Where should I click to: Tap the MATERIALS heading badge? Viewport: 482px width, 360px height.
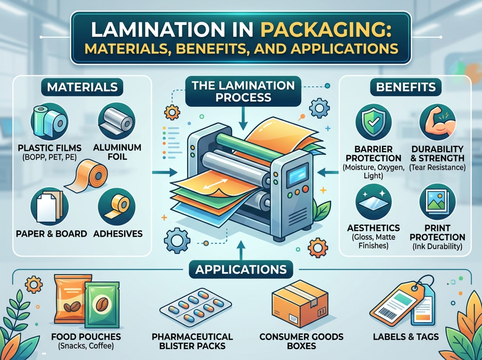click(x=82, y=87)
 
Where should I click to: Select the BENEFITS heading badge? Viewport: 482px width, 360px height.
click(x=406, y=87)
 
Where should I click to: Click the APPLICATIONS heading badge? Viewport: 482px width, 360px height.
click(x=241, y=270)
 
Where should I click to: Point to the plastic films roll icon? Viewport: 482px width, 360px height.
click(x=49, y=121)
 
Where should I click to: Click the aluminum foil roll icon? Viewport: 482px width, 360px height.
click(x=116, y=121)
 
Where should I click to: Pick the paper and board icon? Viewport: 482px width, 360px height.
click(x=49, y=207)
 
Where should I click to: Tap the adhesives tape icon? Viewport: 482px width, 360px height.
click(x=116, y=207)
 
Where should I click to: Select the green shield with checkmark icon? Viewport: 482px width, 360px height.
click(x=374, y=122)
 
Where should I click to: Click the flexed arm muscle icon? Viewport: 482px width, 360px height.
click(x=437, y=122)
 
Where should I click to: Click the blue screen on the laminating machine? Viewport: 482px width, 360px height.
click(x=298, y=175)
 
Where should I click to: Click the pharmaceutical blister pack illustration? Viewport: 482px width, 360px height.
click(x=196, y=307)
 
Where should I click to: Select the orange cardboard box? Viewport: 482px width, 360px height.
click(x=300, y=307)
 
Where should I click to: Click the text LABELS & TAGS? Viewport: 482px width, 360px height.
click(x=406, y=337)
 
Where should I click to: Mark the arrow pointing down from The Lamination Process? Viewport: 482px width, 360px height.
click(x=243, y=119)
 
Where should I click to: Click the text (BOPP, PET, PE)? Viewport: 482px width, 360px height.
click(x=49, y=157)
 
